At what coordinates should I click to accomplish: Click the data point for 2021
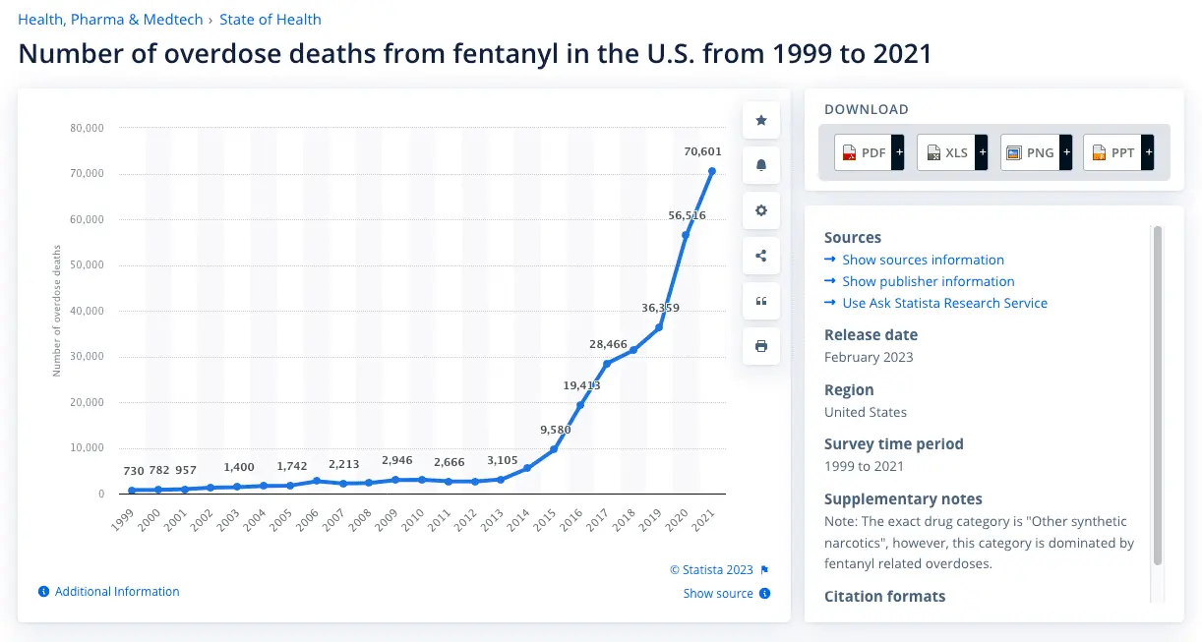(711, 171)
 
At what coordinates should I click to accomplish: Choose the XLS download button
(951, 152)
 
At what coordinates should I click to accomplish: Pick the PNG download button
(1035, 152)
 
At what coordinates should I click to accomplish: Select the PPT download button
(1117, 152)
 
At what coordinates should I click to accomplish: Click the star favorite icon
(761, 120)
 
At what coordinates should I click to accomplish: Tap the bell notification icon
(761, 165)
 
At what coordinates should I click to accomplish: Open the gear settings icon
(761, 210)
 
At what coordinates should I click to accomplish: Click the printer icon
(761, 346)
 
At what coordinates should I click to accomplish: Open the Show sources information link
(923, 260)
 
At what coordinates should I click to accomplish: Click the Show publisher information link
(928, 281)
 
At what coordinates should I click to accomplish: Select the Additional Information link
(117, 592)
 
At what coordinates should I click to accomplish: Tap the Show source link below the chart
(718, 594)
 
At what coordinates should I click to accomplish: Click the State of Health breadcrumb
(270, 20)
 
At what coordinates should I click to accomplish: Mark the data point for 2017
(607, 364)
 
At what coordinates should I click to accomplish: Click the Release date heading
(871, 335)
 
